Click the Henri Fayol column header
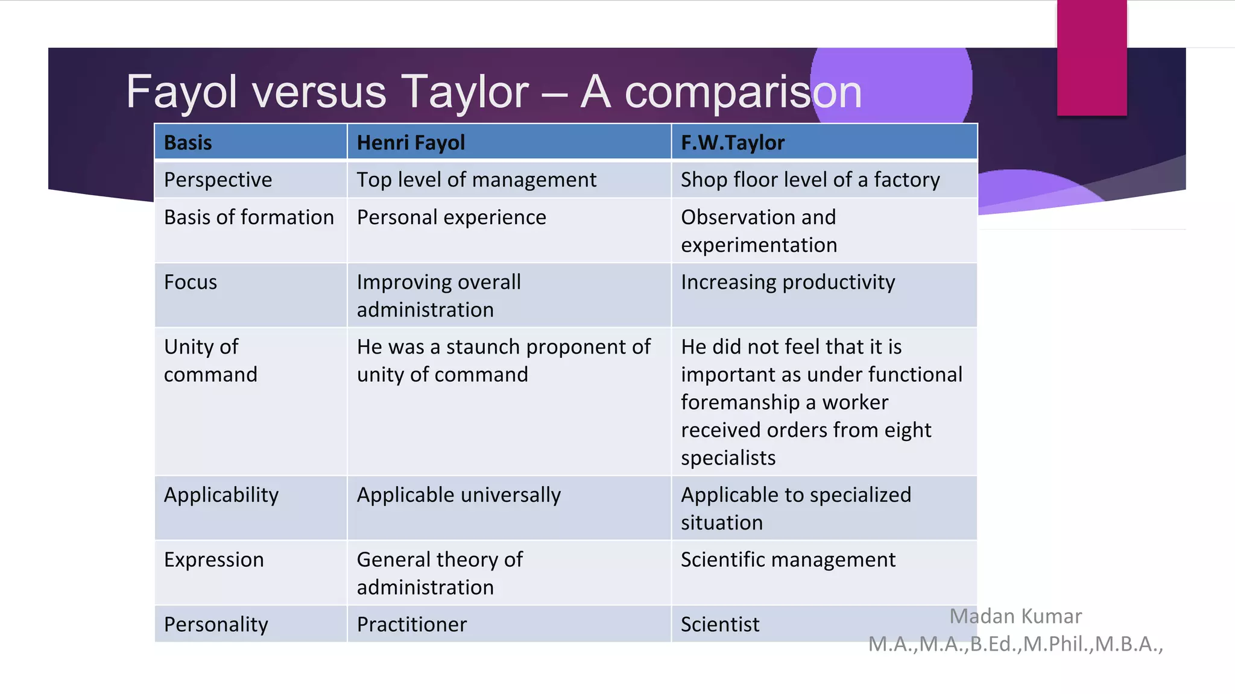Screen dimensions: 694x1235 411,143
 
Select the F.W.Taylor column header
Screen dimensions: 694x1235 732,143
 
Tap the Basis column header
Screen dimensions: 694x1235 188,143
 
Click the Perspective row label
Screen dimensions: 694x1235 218,180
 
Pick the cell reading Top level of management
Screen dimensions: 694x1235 476,180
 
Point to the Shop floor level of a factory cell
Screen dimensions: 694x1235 810,180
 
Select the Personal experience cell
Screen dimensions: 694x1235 451,217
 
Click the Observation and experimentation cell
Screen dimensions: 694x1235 759,231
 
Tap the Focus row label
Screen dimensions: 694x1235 190,282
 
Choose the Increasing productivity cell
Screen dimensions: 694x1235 788,282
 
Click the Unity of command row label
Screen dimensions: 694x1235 210,360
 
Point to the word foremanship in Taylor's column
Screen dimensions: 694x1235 740,402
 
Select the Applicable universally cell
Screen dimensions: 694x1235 458,495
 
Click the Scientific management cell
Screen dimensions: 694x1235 788,560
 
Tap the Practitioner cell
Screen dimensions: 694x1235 411,624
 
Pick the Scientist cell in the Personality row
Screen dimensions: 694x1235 720,624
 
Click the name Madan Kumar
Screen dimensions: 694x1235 1015,616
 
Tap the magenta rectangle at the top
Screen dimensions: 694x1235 1091,57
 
